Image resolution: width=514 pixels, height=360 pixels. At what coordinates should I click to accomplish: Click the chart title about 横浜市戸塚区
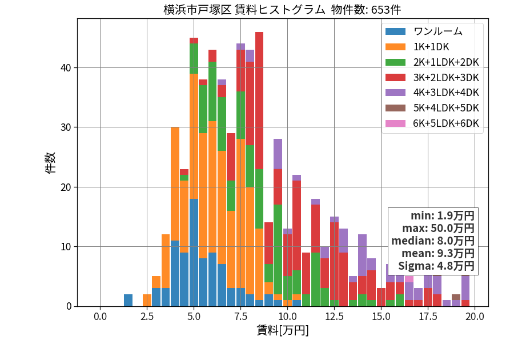click(282, 10)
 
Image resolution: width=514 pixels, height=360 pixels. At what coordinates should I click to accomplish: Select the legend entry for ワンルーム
click(424, 31)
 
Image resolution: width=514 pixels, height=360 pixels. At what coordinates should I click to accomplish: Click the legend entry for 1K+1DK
click(417, 47)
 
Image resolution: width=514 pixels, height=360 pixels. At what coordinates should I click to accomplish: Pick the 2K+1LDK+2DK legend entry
click(432, 62)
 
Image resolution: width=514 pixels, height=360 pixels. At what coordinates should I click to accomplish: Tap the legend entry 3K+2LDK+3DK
click(432, 77)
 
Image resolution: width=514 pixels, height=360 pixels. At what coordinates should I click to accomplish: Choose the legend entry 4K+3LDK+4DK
click(432, 93)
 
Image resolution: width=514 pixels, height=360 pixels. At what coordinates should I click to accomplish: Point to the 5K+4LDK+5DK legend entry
click(432, 108)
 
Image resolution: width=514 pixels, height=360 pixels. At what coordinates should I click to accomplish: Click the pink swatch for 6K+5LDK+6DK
click(395, 123)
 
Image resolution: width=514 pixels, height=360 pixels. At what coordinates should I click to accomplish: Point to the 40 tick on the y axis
click(66, 68)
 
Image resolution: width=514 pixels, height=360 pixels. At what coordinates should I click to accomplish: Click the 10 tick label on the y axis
click(66, 246)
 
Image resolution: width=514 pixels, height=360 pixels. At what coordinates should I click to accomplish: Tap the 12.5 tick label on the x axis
click(334, 317)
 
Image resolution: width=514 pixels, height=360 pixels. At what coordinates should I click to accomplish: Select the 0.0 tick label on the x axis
click(100, 317)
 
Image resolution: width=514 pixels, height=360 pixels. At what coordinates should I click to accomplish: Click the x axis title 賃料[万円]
click(283, 330)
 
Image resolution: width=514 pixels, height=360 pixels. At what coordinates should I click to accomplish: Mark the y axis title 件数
click(51, 163)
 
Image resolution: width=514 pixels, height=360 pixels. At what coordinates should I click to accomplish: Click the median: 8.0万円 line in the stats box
click(433, 241)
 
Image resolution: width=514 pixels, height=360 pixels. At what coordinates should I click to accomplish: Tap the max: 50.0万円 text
click(438, 228)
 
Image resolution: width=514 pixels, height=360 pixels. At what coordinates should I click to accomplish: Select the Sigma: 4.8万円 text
click(436, 266)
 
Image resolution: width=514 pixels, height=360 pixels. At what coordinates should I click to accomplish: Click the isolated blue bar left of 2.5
click(128, 301)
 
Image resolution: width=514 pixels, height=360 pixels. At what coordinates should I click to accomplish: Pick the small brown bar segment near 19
click(456, 297)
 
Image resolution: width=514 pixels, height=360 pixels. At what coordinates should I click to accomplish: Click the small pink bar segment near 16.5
click(409, 279)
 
